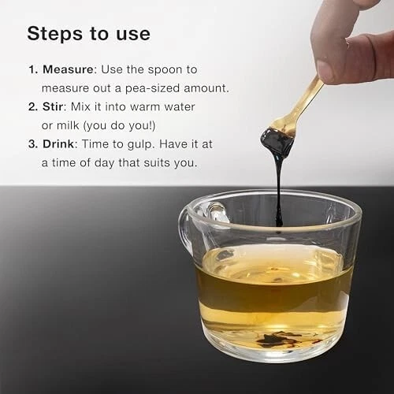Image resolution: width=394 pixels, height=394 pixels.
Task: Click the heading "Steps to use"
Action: (x=89, y=34)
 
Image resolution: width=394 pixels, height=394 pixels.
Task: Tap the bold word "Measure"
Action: (x=68, y=69)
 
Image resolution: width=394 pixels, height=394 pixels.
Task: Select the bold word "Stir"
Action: (x=53, y=107)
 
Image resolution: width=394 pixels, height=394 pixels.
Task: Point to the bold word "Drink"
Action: (x=58, y=144)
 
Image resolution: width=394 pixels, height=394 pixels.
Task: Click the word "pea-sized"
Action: (x=152, y=88)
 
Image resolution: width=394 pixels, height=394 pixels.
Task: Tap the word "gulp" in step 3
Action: (x=140, y=145)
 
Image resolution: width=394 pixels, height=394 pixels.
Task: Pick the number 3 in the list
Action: (x=33, y=144)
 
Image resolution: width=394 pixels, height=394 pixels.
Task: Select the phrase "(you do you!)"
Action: (x=120, y=126)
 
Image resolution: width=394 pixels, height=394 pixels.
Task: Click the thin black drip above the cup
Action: (x=279, y=191)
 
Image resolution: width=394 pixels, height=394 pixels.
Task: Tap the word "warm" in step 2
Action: (x=145, y=107)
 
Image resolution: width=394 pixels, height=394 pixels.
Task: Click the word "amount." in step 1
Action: (x=206, y=88)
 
